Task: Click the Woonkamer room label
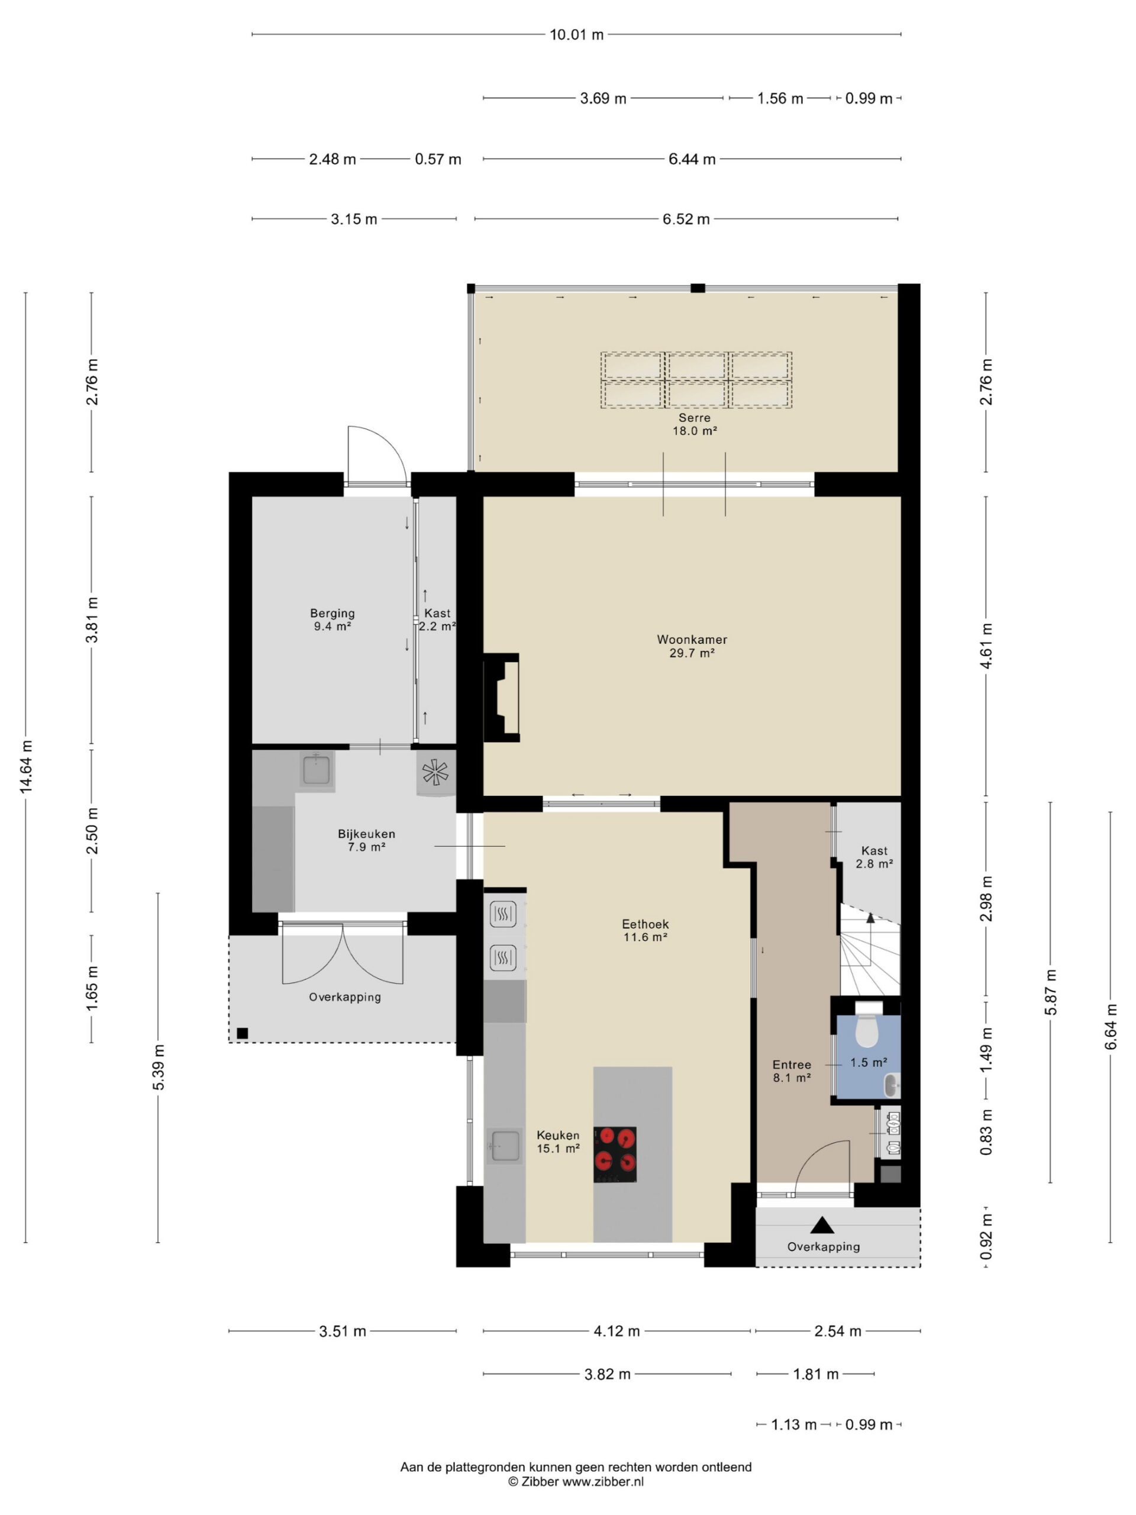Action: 692,639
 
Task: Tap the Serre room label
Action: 695,417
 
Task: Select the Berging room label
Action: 332,613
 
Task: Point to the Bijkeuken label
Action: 366,833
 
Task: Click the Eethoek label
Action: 645,924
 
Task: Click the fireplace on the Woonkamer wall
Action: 501,697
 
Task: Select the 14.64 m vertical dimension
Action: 26,767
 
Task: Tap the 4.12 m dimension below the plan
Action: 617,1331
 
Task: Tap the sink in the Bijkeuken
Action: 316,771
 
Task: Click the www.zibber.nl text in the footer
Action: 602,1481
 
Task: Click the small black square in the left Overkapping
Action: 243,1033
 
